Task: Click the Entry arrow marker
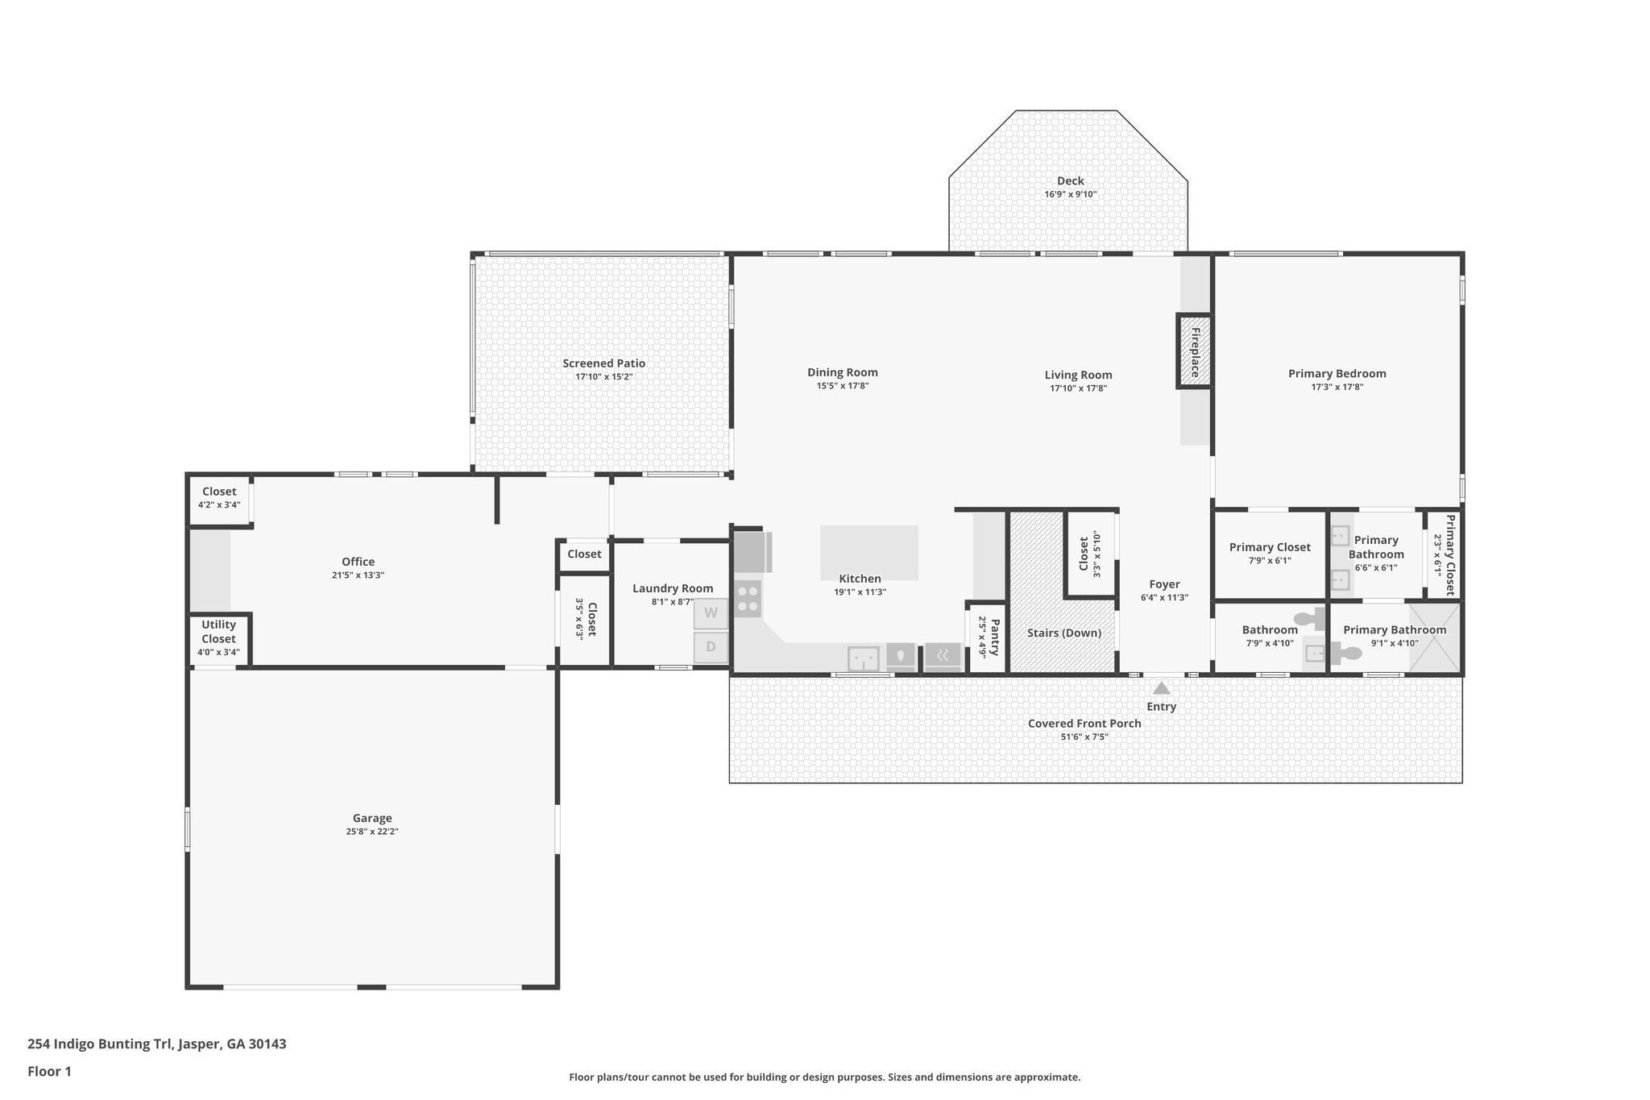click(1161, 688)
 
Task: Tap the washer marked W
click(711, 613)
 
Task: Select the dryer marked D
click(711, 647)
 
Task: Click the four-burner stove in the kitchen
click(748, 599)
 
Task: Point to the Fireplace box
click(1195, 351)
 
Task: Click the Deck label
click(1070, 181)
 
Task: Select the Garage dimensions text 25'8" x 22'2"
click(372, 832)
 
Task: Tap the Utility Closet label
click(218, 632)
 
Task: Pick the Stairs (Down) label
click(1063, 633)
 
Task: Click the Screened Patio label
click(603, 363)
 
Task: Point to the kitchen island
click(869, 551)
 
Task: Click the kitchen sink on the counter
click(863, 658)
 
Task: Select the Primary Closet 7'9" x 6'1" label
click(1270, 547)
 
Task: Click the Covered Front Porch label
click(1084, 724)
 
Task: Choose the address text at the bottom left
click(157, 1044)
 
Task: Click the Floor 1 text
click(49, 1072)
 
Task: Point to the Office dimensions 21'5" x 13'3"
click(358, 575)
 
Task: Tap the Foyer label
click(1164, 584)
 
